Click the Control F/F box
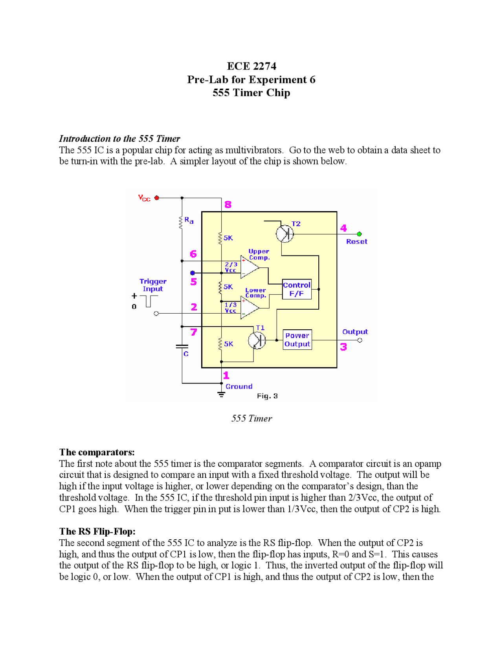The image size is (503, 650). click(x=297, y=289)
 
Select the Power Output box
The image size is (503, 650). click(x=297, y=340)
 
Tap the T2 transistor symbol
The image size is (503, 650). click(x=285, y=234)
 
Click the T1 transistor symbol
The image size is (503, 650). click(x=257, y=340)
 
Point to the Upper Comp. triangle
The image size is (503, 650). click(x=249, y=267)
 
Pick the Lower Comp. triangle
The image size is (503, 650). click(x=249, y=307)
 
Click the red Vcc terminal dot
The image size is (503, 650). click(x=157, y=198)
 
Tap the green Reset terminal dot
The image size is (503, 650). click(x=359, y=234)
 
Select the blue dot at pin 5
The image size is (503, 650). click(x=193, y=273)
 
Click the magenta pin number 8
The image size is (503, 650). click(x=228, y=204)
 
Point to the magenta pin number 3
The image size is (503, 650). click(x=343, y=347)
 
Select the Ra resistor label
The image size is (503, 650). click(x=189, y=221)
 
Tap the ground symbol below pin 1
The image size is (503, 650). click(x=222, y=394)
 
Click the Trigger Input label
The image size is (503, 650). click(x=153, y=285)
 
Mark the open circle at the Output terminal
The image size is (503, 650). click(x=360, y=340)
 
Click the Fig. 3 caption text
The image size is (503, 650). click(x=267, y=396)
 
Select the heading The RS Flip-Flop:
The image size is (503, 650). click(x=97, y=531)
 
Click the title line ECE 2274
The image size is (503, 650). click(x=251, y=66)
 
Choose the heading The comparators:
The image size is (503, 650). click(x=97, y=452)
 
